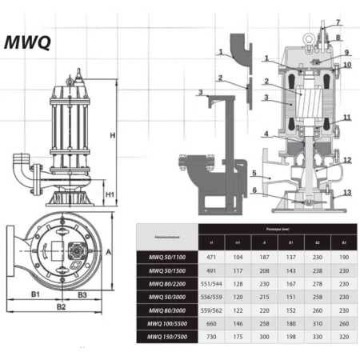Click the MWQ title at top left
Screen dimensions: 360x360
(x=30, y=42)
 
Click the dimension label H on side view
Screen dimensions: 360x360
(x=114, y=135)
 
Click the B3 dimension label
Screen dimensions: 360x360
(x=82, y=295)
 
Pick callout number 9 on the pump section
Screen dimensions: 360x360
(x=347, y=53)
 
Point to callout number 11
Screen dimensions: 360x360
(x=346, y=118)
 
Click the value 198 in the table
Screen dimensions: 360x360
(x=291, y=338)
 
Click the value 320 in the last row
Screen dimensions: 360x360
(x=345, y=338)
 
